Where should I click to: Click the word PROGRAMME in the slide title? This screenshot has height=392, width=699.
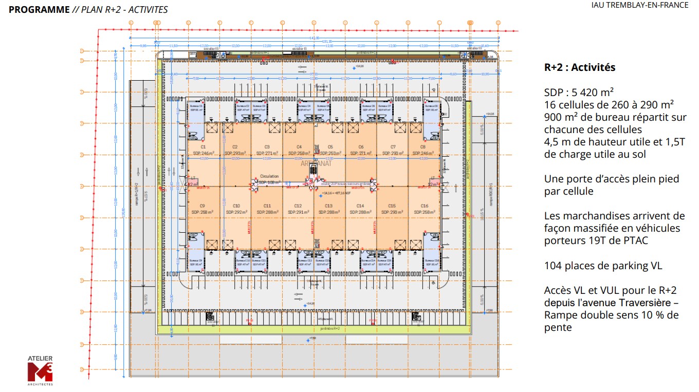[x=39, y=9]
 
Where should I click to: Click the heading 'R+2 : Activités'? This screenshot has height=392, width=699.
[x=580, y=67]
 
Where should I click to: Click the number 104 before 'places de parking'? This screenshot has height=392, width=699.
[x=553, y=266]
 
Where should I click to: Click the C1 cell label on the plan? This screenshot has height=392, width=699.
[x=203, y=147]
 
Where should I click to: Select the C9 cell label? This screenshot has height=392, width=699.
[x=203, y=206]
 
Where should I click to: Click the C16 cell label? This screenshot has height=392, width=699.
[x=424, y=206]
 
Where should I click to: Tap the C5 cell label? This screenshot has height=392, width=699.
[x=330, y=147]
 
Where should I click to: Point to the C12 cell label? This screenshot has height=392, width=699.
[x=298, y=206]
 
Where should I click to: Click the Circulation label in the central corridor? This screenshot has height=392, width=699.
[x=269, y=176]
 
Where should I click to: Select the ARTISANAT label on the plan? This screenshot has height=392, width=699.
[x=316, y=163]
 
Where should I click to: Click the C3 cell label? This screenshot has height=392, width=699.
[x=267, y=147]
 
